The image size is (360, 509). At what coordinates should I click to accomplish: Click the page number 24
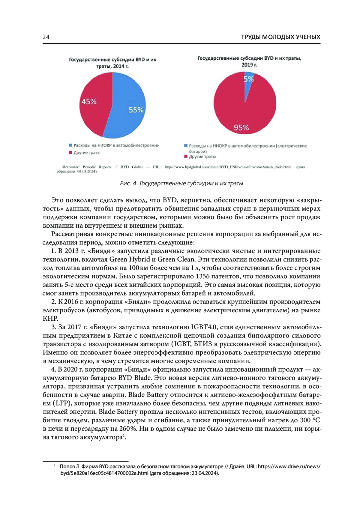pos(46,37)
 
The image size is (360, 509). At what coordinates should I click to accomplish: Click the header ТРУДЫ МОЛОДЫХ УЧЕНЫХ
pos(280,37)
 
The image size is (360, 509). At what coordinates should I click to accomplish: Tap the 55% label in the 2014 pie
pos(136,110)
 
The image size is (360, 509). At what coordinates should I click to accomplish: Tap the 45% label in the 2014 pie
pos(89,102)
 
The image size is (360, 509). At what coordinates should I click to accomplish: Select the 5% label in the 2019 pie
pos(249,79)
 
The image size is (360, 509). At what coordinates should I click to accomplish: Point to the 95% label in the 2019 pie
pos(241,128)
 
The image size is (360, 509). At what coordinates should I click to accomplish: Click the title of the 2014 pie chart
pos(112,63)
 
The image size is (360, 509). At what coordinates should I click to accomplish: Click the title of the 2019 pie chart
pos(249,61)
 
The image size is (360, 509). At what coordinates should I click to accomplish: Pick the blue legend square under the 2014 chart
pos(70,145)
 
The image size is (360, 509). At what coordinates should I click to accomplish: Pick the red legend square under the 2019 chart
pos(186,157)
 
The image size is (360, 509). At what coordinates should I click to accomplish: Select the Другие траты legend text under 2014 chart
pos(87,153)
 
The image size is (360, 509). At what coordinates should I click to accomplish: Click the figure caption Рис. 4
pos(181,183)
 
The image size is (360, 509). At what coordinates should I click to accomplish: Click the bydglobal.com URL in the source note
pos(227,167)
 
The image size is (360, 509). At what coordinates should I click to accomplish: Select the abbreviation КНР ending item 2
pos(50,319)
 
